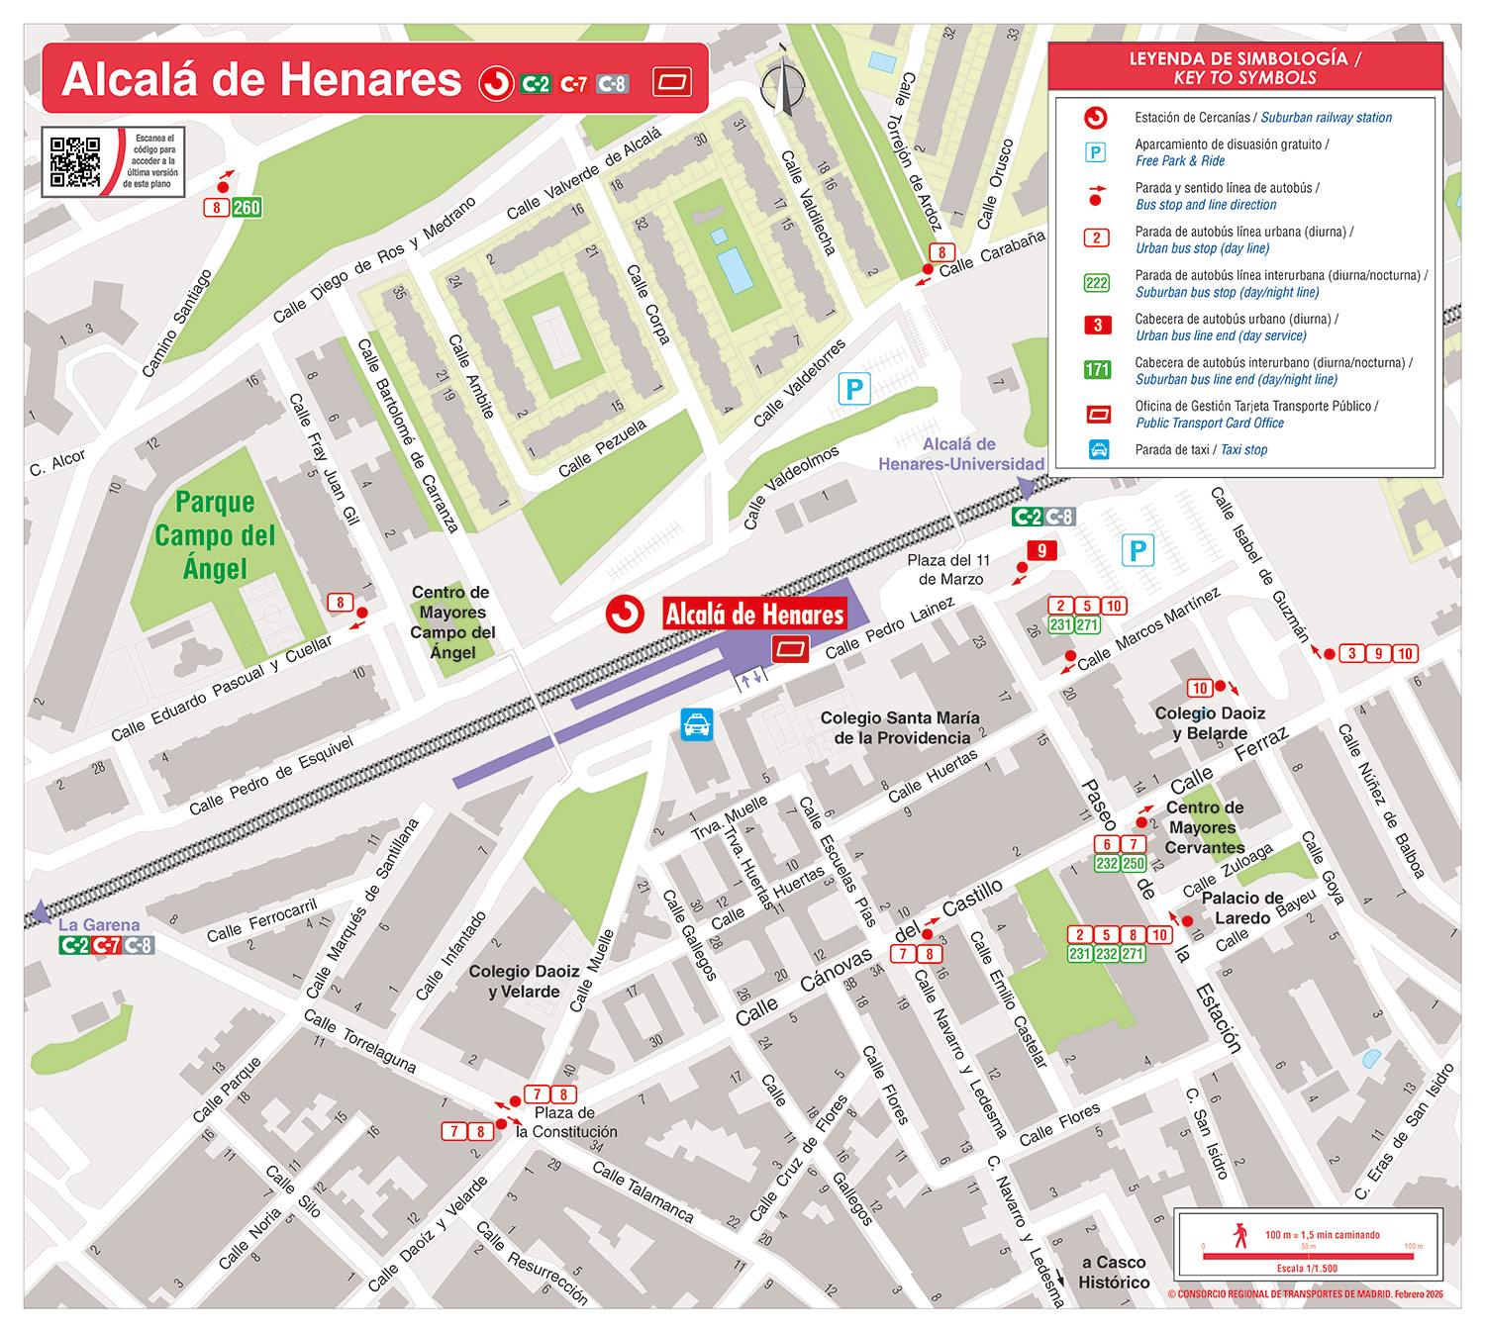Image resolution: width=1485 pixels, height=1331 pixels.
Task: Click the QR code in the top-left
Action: (75, 161)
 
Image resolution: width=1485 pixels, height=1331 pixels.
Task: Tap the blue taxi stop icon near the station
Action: (697, 724)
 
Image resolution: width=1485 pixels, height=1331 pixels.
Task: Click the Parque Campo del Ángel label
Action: (215, 535)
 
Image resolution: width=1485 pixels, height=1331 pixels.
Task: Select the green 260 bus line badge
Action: (247, 208)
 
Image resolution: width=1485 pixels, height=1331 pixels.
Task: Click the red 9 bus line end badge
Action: (1041, 551)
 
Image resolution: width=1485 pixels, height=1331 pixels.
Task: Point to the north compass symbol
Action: (783, 85)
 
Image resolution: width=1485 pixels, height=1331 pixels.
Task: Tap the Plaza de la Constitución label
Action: (566, 1122)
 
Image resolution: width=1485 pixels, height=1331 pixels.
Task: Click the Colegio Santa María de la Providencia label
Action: (899, 727)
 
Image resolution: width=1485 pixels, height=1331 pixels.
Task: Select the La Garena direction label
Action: (98, 925)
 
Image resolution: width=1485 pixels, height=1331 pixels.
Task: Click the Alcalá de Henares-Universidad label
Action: (960, 454)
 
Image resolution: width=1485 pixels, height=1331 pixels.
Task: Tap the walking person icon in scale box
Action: (1240, 1235)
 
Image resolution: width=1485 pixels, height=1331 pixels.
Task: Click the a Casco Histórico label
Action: (1114, 1272)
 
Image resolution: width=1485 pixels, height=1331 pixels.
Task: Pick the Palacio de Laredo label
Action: (1241, 907)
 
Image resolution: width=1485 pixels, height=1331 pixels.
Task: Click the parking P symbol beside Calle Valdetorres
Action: (853, 389)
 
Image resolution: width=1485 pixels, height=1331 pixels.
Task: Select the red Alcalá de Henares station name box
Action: (754, 615)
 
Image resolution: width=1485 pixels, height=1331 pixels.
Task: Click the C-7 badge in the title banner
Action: (574, 84)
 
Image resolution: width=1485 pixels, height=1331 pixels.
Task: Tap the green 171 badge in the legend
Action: (1097, 370)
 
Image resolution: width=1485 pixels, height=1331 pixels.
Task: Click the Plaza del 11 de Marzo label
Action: (948, 569)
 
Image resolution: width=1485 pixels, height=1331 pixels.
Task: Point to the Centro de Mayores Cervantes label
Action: (1204, 827)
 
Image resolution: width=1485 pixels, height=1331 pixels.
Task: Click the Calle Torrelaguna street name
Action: (359, 1040)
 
